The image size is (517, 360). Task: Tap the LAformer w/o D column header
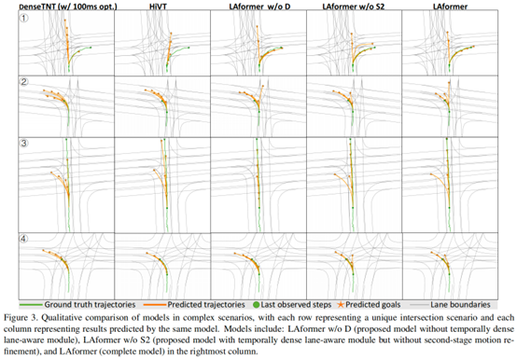(x=255, y=7)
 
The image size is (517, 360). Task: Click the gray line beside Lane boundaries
(x=432, y=278)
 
